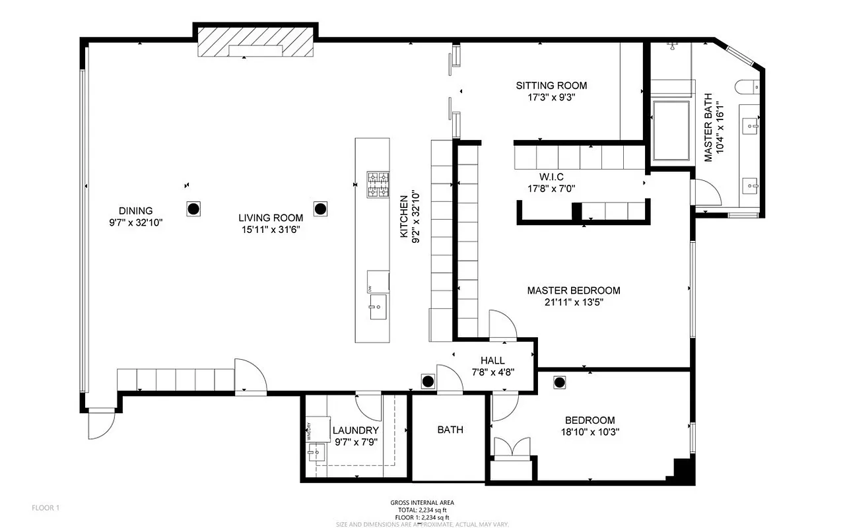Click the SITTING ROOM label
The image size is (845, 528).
[551, 86]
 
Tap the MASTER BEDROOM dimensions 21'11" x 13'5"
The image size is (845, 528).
[573, 303]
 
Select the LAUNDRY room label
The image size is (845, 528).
[355, 431]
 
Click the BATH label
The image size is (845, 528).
[450, 430]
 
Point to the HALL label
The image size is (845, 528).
[492, 360]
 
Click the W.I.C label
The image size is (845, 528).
[552, 177]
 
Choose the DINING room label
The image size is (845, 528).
[136, 211]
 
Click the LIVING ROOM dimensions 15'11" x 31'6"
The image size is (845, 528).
[271, 230]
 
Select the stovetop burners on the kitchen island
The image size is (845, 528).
[378, 185]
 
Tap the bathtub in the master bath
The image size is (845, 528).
[671, 130]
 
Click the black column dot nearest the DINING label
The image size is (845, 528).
[193, 209]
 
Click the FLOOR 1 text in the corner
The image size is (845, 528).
[46, 508]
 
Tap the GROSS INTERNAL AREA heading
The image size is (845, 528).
[422, 503]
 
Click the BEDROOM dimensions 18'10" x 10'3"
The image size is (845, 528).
[590, 432]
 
